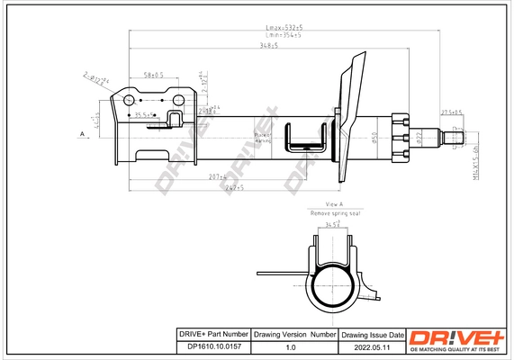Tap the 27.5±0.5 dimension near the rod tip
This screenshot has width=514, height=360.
451,112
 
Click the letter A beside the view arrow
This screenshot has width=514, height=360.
82,134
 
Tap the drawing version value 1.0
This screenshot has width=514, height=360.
290,346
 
